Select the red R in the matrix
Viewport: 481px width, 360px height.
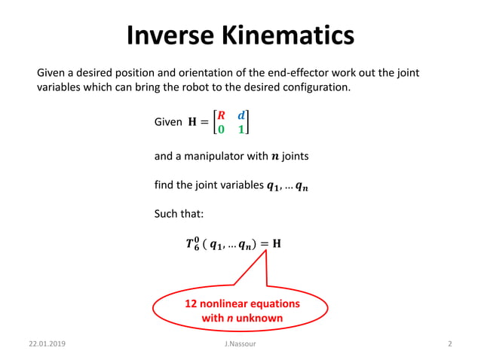click(221, 115)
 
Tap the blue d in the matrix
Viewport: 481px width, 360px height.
click(241, 115)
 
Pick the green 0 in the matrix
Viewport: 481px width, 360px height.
click(221, 130)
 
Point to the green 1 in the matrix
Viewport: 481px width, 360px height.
click(241, 130)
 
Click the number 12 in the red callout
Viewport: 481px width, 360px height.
click(192, 304)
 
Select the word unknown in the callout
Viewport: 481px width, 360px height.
click(258, 318)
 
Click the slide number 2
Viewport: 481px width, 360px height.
click(449, 344)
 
